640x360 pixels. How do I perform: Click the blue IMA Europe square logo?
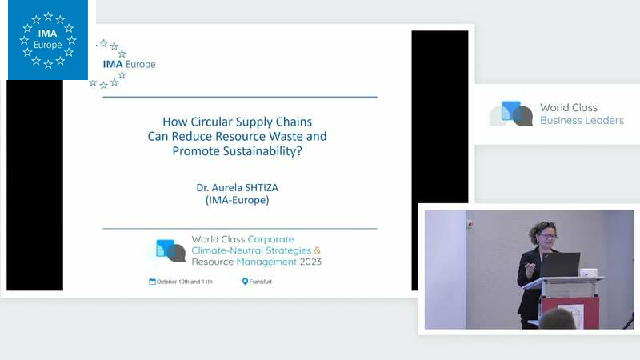(x=48, y=39)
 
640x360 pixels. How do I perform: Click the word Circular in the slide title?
(x=212, y=122)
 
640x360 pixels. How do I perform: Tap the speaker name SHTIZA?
(x=259, y=188)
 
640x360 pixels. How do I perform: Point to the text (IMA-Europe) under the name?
(x=237, y=200)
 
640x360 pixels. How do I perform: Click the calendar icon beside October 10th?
(x=152, y=282)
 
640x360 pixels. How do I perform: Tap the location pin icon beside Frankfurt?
(x=245, y=282)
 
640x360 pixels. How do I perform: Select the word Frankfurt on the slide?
(x=261, y=282)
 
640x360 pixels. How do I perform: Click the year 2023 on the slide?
(x=310, y=262)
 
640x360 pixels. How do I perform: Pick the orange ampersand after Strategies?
(x=317, y=250)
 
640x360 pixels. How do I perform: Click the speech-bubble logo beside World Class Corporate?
(x=170, y=250)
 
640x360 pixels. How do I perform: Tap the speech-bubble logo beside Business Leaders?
(x=512, y=114)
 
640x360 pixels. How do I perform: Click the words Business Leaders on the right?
(x=582, y=121)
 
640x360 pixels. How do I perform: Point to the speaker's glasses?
(x=547, y=235)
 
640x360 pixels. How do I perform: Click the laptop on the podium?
(x=560, y=265)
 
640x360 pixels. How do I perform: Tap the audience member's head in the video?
(x=558, y=319)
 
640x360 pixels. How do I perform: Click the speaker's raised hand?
(x=530, y=267)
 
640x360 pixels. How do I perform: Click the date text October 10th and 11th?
(x=185, y=282)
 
